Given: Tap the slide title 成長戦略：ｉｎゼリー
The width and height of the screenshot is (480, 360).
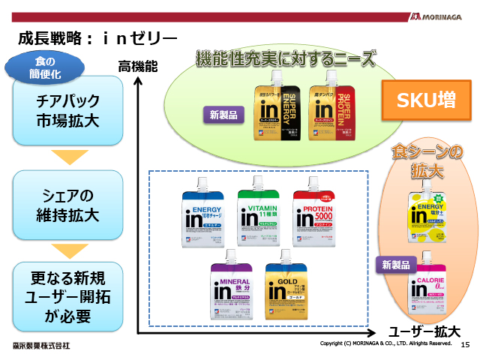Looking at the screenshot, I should pyautogui.click(x=97, y=38).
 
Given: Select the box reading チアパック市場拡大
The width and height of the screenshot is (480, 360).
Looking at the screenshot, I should pyautogui.click(x=67, y=112).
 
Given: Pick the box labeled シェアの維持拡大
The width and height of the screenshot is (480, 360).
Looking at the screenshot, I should pyautogui.click(x=67, y=205).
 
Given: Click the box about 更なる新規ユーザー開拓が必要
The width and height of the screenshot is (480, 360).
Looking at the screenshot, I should pyautogui.click(x=67, y=296).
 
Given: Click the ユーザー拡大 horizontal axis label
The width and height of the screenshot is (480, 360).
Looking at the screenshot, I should pyautogui.click(x=424, y=331).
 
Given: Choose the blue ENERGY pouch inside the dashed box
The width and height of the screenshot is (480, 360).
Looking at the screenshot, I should pyautogui.click(x=203, y=214).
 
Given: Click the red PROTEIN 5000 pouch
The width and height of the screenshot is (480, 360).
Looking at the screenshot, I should pyautogui.click(x=316, y=214).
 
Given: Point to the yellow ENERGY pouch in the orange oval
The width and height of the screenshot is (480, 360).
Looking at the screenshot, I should pyautogui.click(x=424, y=215).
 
